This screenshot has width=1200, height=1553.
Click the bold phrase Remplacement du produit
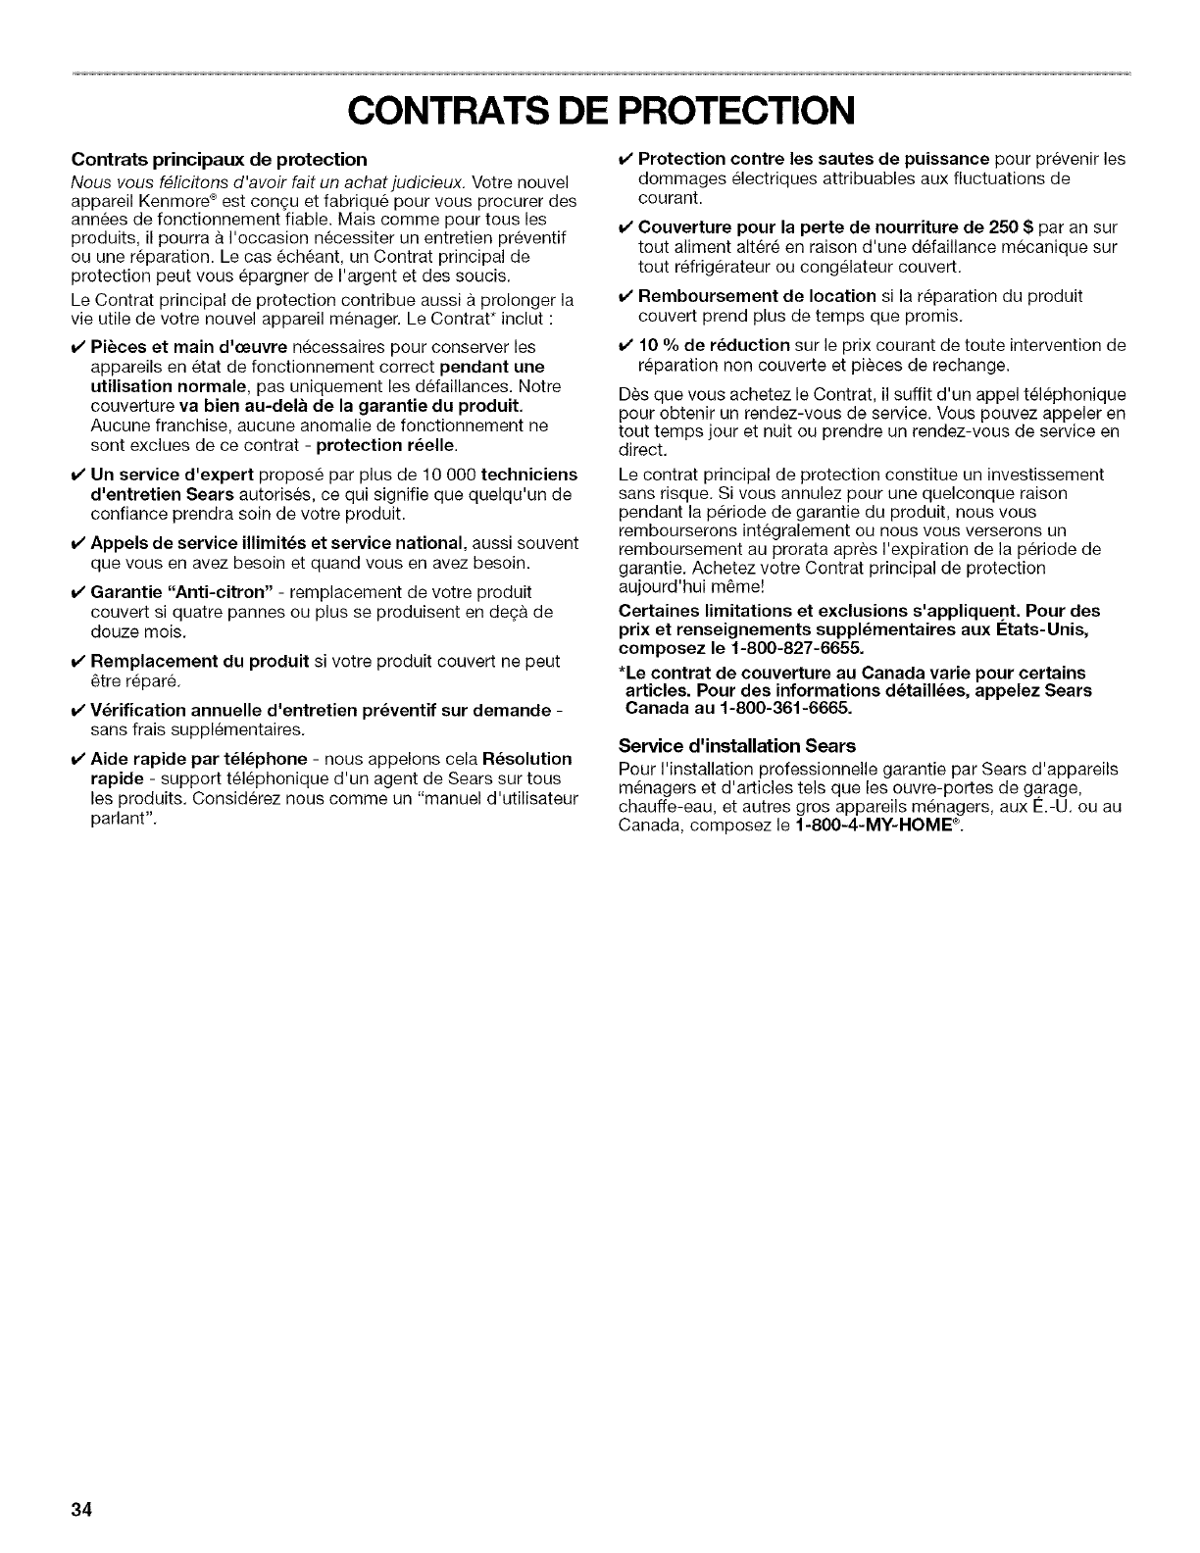(x=200, y=661)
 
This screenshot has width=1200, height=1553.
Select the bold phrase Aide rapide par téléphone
(x=199, y=759)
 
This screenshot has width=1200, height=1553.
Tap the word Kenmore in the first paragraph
(x=156, y=199)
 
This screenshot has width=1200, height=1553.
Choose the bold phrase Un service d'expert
(x=173, y=475)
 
